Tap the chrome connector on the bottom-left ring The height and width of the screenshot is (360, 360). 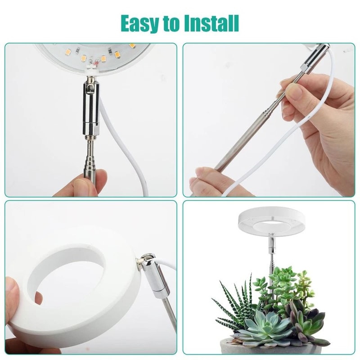tap(153, 274)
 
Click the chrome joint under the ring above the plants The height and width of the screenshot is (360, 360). tap(270, 245)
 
